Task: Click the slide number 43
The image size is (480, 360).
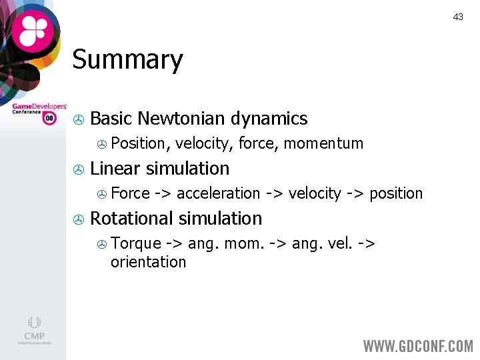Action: (458, 17)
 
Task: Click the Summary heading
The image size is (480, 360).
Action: (127, 60)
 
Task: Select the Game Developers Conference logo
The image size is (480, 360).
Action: (39, 111)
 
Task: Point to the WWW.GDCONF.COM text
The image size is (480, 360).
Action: (417, 346)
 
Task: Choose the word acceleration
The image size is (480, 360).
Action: (218, 193)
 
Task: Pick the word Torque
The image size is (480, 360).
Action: (136, 243)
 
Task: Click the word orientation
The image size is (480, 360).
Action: (148, 262)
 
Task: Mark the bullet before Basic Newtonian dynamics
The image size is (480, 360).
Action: (77, 120)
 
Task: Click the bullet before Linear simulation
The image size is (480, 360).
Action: (77, 170)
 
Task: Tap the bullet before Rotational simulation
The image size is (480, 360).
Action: (77, 220)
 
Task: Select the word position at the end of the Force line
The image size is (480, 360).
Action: (396, 193)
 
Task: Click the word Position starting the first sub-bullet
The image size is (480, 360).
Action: (138, 143)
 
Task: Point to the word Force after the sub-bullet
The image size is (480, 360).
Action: (130, 193)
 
